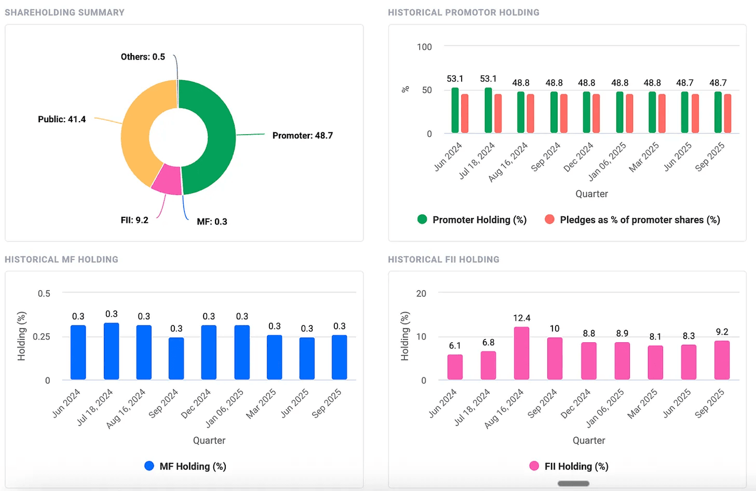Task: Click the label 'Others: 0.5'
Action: click(143, 57)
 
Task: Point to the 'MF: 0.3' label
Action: click(212, 222)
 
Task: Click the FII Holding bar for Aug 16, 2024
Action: click(522, 353)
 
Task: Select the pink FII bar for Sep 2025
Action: click(721, 360)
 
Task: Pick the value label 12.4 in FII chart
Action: click(522, 318)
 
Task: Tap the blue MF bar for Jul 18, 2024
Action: click(111, 351)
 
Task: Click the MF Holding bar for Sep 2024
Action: click(176, 359)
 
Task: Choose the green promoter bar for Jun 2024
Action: click(455, 111)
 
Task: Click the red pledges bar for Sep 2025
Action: click(727, 114)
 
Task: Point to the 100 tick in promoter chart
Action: click(424, 47)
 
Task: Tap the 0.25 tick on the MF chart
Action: click(42, 336)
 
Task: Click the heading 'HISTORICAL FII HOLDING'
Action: click(443, 260)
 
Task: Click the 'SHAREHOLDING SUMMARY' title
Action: click(65, 12)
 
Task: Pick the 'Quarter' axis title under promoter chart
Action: click(591, 194)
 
